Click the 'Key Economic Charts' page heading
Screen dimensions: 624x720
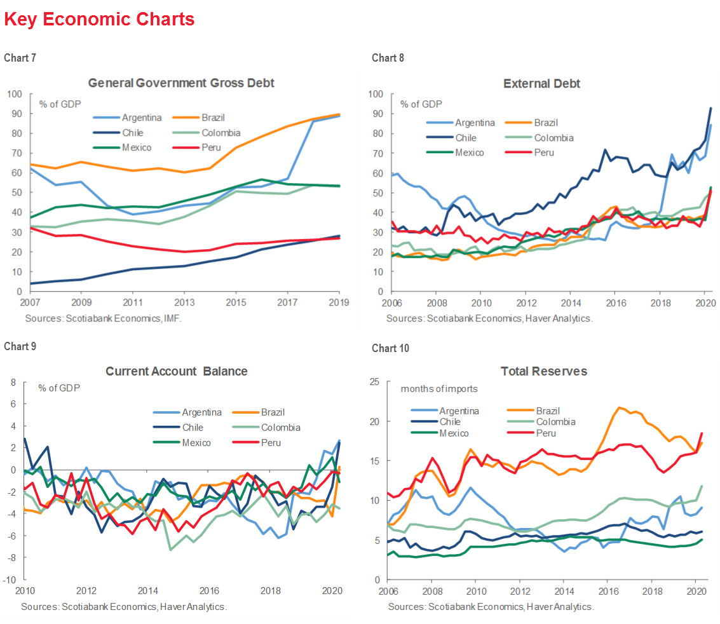coord(99,20)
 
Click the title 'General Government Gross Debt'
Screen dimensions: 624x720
coord(181,83)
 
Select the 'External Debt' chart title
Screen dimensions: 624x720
coord(541,83)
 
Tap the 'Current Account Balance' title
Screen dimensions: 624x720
coord(176,371)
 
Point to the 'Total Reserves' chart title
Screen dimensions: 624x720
coord(543,371)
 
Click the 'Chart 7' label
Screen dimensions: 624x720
coord(20,58)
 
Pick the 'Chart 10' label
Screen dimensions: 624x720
coord(390,348)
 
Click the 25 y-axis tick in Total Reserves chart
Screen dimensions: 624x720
coord(376,381)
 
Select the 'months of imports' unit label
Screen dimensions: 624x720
coord(438,389)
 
